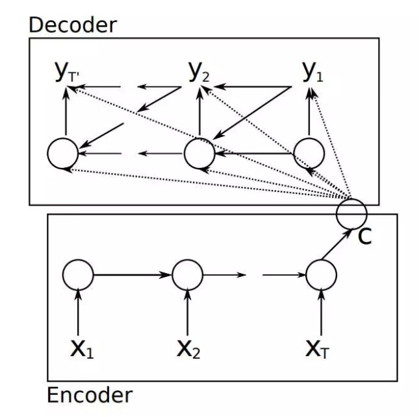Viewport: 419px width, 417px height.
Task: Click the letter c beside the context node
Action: (365, 237)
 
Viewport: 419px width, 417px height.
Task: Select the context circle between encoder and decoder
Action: (351, 211)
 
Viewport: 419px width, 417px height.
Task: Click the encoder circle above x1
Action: (78, 275)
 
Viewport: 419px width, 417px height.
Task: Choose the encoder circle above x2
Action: (188, 275)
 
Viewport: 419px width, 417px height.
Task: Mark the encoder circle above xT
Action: (322, 275)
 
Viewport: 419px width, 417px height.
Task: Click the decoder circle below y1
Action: (309, 154)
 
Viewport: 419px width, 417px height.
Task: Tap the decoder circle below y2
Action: (199, 154)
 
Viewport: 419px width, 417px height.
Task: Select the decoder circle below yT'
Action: (63, 154)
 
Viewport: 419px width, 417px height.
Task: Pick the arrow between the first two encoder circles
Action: (133, 275)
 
